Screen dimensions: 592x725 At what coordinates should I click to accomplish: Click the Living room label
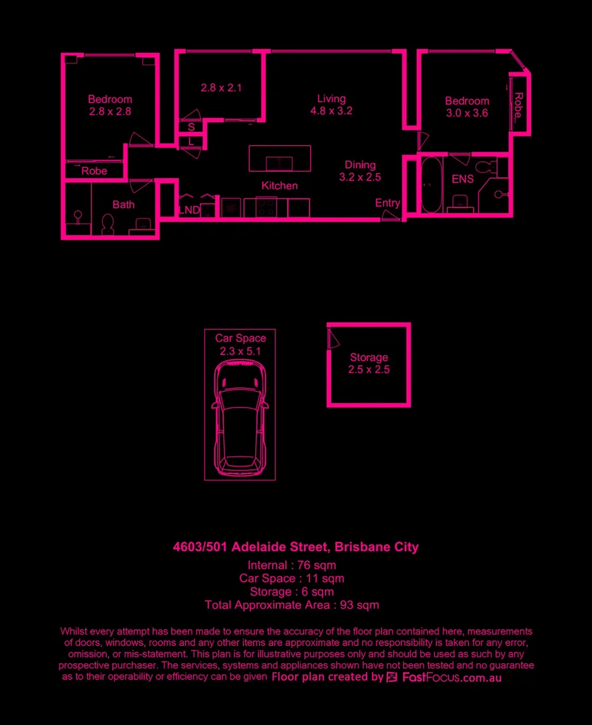[332, 99]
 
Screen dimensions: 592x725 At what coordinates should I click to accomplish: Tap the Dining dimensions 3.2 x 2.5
[360, 178]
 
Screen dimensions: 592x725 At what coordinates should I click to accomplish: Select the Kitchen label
[279, 186]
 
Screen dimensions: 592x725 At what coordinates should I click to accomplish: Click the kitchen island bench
[280, 158]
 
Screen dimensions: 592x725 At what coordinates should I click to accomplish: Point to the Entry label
[387, 203]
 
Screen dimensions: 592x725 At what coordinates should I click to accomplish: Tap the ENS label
[462, 179]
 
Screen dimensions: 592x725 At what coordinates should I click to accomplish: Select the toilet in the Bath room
[107, 224]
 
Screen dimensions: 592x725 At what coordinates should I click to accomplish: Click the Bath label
[124, 205]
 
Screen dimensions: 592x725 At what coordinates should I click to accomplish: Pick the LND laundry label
[189, 210]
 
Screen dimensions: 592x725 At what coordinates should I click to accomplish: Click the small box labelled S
[191, 127]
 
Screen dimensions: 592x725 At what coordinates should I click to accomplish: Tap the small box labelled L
[191, 142]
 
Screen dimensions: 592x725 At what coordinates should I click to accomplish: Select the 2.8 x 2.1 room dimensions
[221, 87]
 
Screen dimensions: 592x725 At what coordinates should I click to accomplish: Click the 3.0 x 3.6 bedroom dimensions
[466, 113]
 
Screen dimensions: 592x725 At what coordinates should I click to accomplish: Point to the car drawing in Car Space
[240, 420]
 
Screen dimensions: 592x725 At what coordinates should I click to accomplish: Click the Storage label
[368, 357]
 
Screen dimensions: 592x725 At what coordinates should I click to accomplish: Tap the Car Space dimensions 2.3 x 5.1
[240, 351]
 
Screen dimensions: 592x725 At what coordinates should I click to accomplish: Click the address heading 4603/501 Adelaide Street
[295, 547]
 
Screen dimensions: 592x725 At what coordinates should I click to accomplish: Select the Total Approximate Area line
[291, 605]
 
